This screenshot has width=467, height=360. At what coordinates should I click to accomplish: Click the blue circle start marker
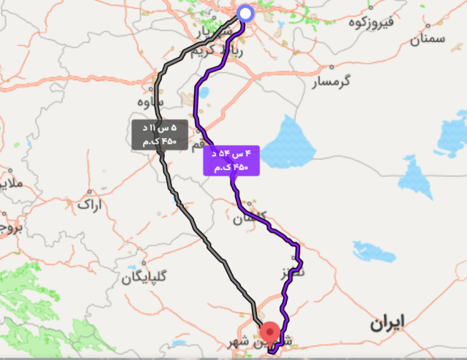pos(245,13)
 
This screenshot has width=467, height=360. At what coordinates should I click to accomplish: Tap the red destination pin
pos(270,332)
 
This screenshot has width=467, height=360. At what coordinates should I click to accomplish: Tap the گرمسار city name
pos(332,83)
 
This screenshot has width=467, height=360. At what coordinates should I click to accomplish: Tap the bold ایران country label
pos(385,322)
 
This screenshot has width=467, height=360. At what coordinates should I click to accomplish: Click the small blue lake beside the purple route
pos(202,93)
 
